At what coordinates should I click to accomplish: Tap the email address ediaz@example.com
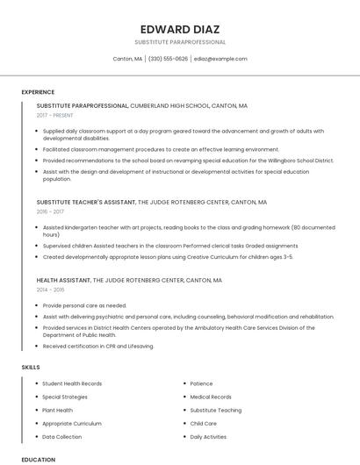point(220,59)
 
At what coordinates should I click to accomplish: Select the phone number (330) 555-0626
point(168,59)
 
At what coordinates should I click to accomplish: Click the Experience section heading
point(38,92)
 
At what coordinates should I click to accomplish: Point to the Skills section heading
point(31,366)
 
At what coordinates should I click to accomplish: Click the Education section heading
point(39,459)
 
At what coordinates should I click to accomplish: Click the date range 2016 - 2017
point(50,211)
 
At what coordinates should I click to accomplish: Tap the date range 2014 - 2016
point(50,290)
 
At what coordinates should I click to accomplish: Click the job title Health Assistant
point(63,281)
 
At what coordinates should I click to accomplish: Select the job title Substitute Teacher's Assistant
point(86,202)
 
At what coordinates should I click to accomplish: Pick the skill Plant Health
point(58,410)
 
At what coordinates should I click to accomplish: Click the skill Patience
point(201,383)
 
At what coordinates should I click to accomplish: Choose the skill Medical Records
point(211,397)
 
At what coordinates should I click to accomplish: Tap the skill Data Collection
point(62,436)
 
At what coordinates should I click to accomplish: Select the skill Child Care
point(203,423)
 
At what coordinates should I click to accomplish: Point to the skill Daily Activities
point(208,436)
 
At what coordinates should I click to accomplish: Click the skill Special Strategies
point(65,397)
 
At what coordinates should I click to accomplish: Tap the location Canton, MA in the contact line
point(127,59)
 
